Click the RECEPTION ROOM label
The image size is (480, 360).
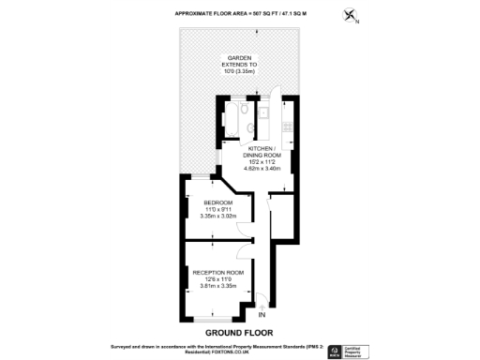[x=217, y=273]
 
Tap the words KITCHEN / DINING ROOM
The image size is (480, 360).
[x=261, y=153]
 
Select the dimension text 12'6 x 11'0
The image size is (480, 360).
[x=217, y=279]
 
